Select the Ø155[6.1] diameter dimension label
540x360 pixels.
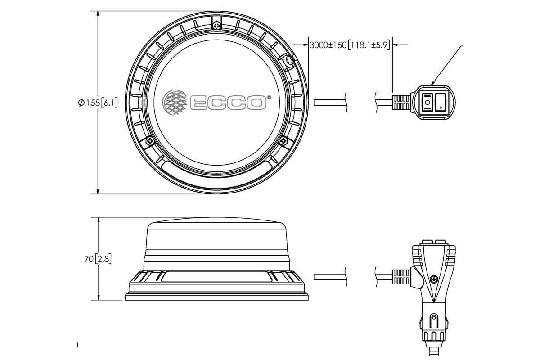tap(98, 103)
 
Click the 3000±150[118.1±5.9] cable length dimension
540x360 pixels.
tap(349, 45)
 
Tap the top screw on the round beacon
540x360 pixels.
tap(217, 25)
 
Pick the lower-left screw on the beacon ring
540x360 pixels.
tap(150, 141)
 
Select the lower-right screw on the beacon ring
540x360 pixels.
tap(283, 141)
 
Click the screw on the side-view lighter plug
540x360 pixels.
tap(433, 279)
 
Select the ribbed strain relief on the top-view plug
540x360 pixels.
tap(400, 103)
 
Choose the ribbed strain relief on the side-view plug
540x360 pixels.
tap(400, 277)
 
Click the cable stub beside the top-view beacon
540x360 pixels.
tap(330, 103)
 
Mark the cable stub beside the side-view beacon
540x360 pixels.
tap(330, 277)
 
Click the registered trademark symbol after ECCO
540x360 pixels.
tap(269, 97)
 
